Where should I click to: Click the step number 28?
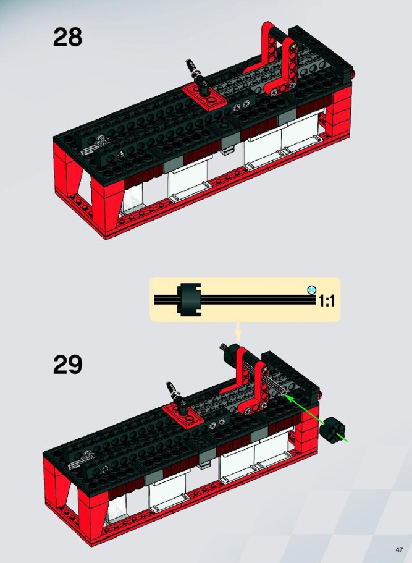67,37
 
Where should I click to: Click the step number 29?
67,365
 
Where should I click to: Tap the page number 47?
399,550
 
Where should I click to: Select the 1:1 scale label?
327,301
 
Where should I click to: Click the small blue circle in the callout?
312,289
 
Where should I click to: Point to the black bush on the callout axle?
189,300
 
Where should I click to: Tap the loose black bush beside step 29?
334,430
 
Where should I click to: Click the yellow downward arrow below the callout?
238,331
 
